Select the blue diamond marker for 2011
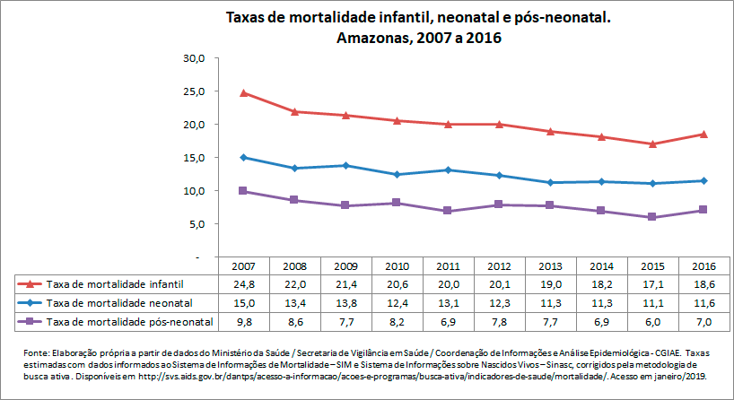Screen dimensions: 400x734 448,170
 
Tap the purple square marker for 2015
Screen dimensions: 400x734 652,217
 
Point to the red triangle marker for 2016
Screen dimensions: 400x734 703,134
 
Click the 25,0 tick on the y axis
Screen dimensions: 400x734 195,91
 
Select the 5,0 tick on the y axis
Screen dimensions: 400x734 197,224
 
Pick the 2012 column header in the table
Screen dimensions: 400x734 499,266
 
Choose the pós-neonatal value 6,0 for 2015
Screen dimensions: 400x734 652,321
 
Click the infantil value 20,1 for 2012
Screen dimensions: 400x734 499,283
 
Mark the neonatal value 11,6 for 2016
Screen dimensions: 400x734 703,302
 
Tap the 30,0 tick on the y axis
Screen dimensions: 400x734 195,58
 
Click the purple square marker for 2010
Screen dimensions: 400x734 396,203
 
